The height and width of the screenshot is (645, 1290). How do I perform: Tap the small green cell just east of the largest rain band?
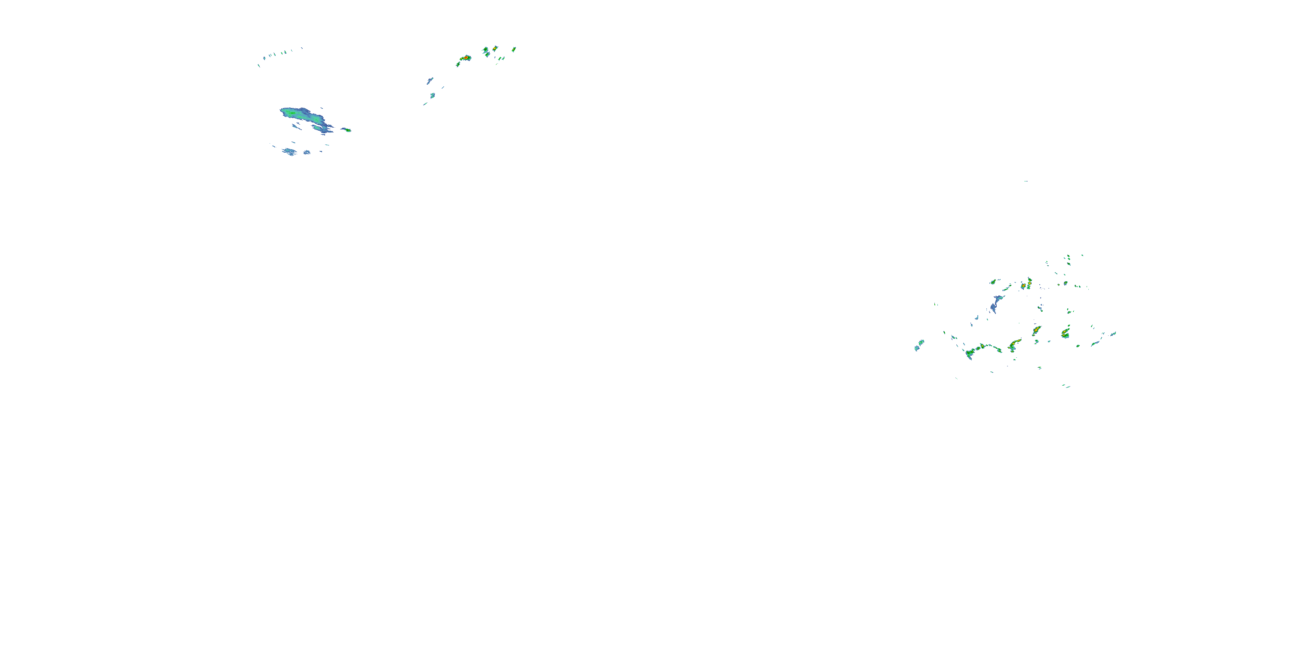pos(347,130)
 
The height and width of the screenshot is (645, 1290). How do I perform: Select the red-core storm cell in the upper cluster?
pos(466,58)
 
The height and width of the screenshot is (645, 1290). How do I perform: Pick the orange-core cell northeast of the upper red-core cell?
pos(495,49)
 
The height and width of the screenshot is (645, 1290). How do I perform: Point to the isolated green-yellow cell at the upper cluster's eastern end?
pos(514,49)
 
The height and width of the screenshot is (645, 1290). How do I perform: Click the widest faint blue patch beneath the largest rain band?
pos(289,151)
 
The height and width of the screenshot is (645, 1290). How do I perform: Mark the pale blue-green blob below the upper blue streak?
pos(433,95)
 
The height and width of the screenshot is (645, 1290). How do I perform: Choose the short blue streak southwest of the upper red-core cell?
pos(430,80)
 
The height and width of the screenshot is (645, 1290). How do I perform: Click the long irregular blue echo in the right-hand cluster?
pos(995,304)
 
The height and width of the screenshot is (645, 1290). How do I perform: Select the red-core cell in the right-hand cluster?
pos(1029,283)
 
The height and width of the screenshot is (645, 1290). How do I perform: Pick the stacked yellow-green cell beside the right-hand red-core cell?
pos(1023,286)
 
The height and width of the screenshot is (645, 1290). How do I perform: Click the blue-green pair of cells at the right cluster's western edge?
pos(919,344)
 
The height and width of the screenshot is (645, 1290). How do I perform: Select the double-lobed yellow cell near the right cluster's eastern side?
pos(1065,332)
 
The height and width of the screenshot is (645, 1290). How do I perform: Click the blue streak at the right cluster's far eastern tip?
pos(1112,334)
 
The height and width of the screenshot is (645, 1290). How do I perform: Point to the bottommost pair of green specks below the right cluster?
pos(1066,386)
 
